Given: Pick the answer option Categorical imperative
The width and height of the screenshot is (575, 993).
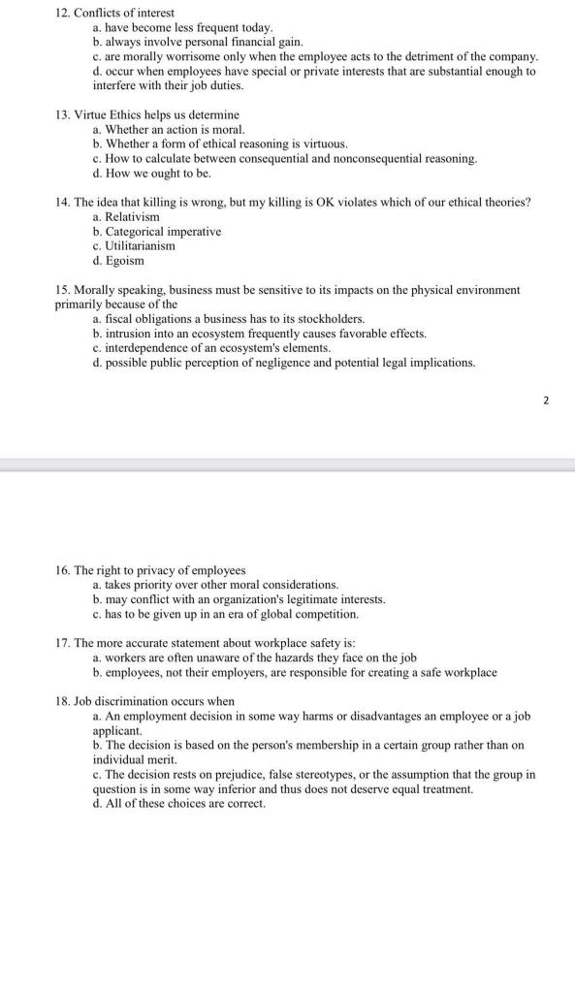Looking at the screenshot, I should (x=162, y=232).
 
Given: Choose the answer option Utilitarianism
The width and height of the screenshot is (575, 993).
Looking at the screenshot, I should (x=140, y=246).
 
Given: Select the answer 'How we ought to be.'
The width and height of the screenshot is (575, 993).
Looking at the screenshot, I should (x=156, y=174).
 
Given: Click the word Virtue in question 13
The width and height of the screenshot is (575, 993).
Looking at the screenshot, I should (x=90, y=114).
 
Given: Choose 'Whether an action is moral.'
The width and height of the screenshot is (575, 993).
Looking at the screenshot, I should (x=174, y=129).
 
